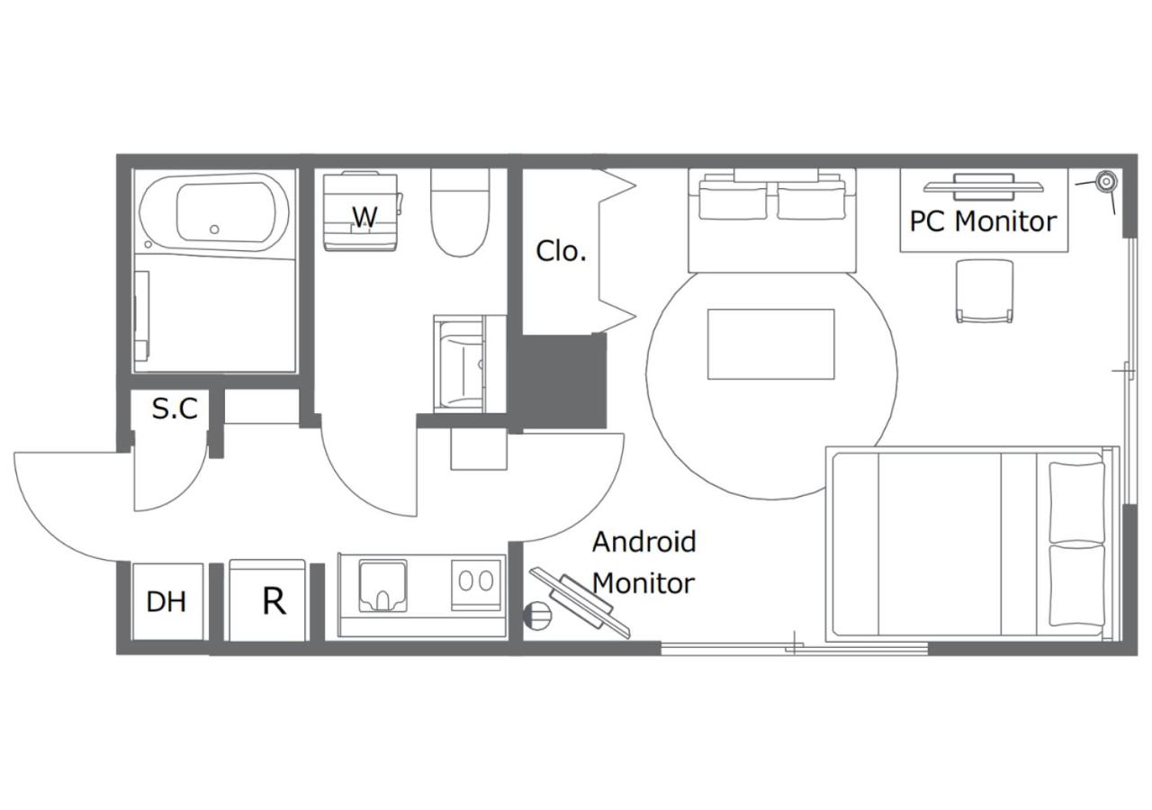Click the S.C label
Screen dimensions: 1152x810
[x=175, y=409]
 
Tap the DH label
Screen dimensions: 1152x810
[x=166, y=602]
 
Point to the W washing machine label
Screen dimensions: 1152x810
[x=365, y=217]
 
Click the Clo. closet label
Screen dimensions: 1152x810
[x=561, y=251]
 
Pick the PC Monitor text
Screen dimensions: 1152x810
[x=983, y=221]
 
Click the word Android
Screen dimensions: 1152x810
[x=643, y=542]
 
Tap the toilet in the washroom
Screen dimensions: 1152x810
[x=460, y=213]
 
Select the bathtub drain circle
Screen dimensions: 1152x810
[x=215, y=229]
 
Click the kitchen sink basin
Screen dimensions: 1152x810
[x=383, y=586]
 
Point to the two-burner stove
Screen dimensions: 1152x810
[x=476, y=584]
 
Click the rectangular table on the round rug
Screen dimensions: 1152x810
[x=771, y=344]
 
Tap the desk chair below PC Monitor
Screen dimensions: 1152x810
[x=985, y=291]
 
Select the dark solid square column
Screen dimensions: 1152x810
[x=564, y=381]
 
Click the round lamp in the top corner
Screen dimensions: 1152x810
[x=1106, y=182]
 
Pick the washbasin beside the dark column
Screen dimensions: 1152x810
[x=462, y=364]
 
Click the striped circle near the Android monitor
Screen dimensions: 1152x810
[x=537, y=615]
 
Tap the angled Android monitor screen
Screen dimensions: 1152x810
[x=580, y=603]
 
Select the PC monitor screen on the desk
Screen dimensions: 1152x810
[x=984, y=187]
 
